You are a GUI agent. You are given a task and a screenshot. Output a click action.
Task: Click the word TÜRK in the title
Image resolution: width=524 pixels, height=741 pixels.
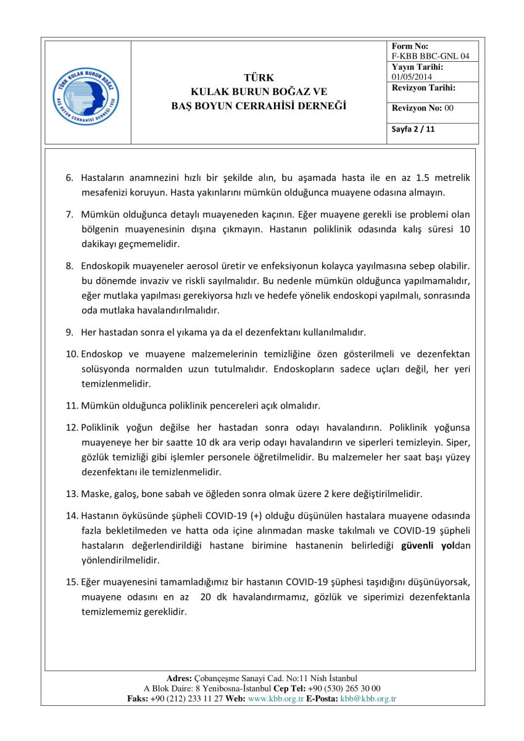click(x=259, y=78)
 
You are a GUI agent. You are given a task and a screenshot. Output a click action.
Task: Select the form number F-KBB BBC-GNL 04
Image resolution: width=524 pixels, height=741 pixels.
click(x=430, y=56)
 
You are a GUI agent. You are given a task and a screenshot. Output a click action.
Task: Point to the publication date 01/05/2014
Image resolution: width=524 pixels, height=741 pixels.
click(x=412, y=77)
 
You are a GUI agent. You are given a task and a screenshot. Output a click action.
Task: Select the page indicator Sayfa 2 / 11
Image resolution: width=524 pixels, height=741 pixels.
click(x=414, y=130)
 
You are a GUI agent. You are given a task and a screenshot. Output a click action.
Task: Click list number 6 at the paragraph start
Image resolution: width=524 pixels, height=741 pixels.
click(x=70, y=178)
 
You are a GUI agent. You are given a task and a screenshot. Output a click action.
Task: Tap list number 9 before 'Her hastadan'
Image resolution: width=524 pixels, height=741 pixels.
click(x=70, y=332)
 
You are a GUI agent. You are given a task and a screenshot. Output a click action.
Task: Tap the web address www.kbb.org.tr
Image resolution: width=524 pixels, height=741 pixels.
click(x=275, y=698)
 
